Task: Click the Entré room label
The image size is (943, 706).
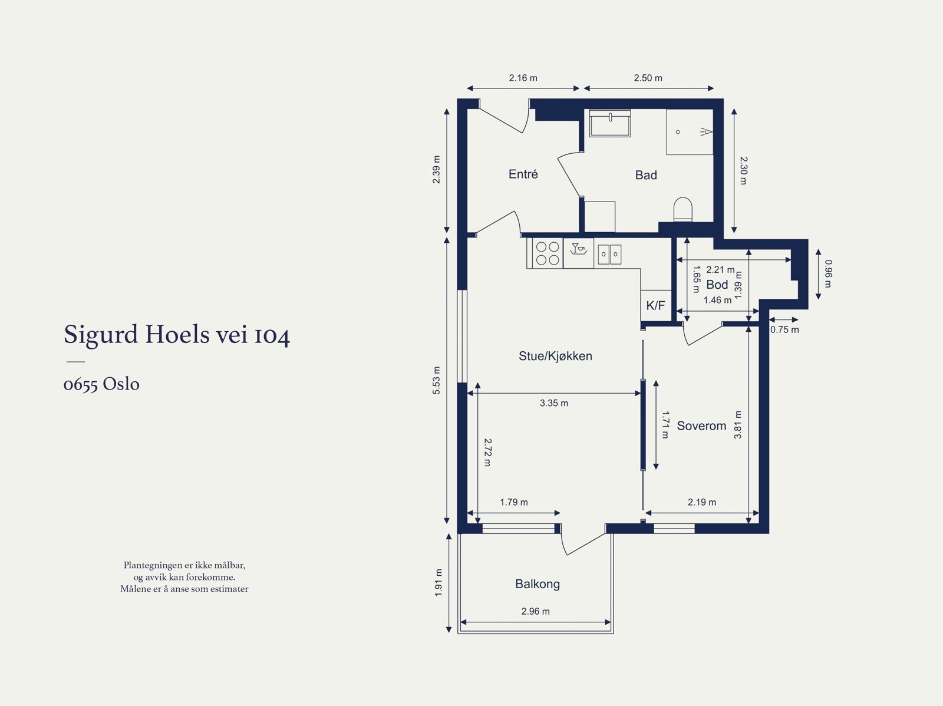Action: pos(523,174)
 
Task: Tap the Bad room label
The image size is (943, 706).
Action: pos(646,175)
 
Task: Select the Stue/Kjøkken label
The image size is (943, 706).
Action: pos(555,356)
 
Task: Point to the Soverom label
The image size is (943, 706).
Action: pos(701,425)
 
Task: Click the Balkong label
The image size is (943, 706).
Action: pos(538,584)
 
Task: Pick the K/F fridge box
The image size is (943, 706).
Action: pos(655,305)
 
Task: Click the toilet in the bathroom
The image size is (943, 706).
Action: pos(682,209)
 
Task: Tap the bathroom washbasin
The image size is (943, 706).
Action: pos(609,123)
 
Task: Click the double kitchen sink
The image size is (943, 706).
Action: pos(609,254)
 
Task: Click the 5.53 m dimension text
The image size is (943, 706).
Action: pos(436,381)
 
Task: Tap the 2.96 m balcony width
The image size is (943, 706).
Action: pos(535,611)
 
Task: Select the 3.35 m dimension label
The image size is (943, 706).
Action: pos(554,403)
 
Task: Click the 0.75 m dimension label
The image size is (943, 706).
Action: pos(784,330)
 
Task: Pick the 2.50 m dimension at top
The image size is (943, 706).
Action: pos(648,78)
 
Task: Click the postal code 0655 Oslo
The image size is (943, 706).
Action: pos(101,384)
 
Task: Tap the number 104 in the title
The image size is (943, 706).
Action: pos(272,335)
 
